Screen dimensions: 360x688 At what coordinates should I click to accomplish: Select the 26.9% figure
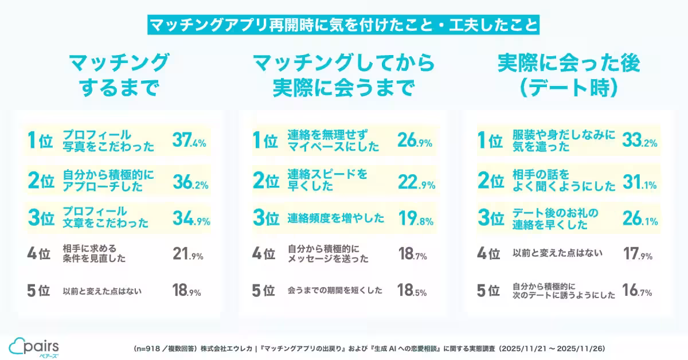(415, 140)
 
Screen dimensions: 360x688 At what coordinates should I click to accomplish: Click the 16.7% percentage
(637, 292)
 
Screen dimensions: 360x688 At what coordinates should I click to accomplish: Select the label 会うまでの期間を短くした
(335, 291)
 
